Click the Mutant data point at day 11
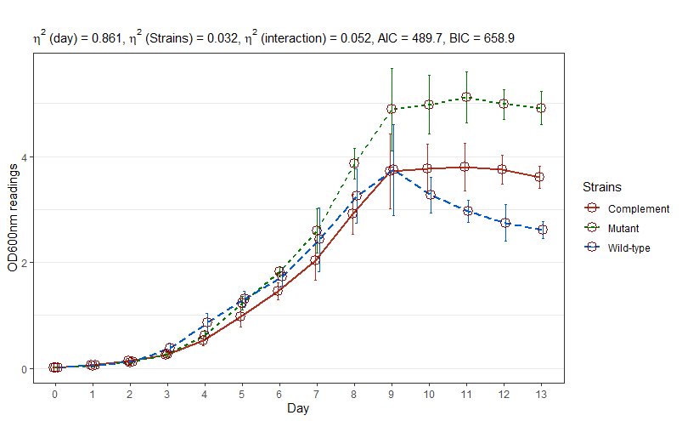point(465,98)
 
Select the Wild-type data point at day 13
point(542,230)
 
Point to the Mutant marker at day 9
point(392,109)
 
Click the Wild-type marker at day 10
point(430,195)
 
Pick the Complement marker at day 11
point(465,167)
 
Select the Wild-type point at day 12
point(504,223)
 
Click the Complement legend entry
point(627,208)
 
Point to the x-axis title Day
point(298,409)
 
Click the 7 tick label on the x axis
point(315,395)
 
